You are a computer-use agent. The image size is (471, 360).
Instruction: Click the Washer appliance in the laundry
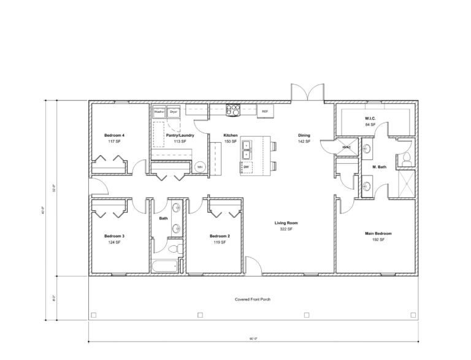tap(159, 112)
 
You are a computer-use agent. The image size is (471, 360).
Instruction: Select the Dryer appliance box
tap(174, 112)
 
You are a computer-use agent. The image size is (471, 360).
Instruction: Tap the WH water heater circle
tap(200, 167)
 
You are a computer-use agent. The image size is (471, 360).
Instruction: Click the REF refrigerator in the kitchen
tap(265, 112)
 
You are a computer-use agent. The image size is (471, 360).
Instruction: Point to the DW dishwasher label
tap(246, 167)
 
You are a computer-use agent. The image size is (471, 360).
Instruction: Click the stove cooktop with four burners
tap(233, 110)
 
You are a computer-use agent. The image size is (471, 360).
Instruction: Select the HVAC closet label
tap(346, 147)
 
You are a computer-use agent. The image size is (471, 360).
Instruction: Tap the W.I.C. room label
tap(370, 118)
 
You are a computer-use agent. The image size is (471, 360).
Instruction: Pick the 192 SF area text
tap(378, 240)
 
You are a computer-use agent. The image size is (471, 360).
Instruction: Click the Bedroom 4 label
tap(114, 135)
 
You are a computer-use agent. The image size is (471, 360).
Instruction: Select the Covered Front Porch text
tap(253, 300)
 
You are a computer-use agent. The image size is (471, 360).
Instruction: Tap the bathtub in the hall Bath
tap(166, 266)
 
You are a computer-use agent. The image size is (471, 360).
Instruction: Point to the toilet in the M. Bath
tap(406, 159)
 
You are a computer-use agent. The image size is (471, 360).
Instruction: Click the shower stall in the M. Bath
tap(406, 184)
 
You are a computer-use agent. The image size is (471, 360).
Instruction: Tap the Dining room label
tap(304, 135)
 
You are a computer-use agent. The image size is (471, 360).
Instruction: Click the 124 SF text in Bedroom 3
tap(114, 242)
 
